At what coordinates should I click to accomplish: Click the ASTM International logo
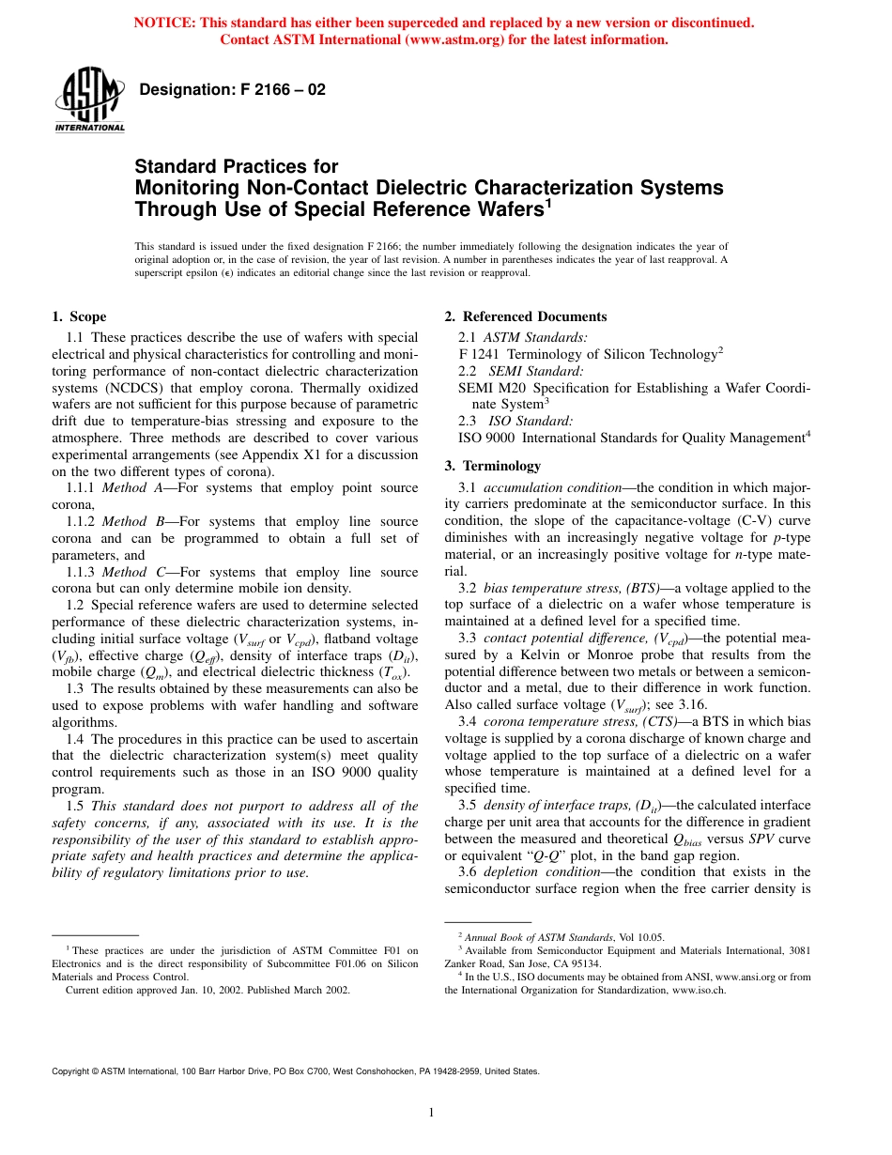(89, 100)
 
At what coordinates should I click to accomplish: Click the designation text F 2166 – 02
(232, 90)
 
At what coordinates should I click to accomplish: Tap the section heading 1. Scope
(79, 316)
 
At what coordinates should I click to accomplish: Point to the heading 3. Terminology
(492, 466)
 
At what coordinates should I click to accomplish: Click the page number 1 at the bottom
(430, 1114)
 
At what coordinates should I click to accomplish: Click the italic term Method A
(124, 487)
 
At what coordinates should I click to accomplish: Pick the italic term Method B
(124, 521)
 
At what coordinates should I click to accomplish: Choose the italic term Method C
(124, 572)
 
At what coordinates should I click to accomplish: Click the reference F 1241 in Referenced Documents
(479, 354)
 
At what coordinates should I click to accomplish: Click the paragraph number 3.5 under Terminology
(468, 805)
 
